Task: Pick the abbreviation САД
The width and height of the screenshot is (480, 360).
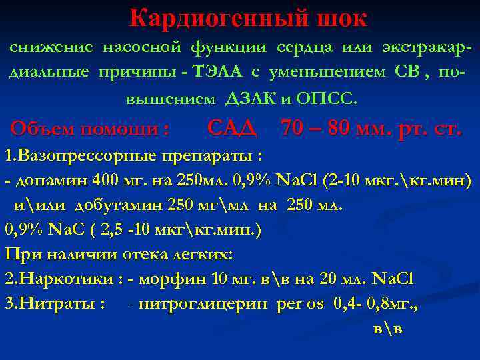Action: (232, 127)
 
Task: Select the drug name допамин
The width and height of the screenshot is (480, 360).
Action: (43, 181)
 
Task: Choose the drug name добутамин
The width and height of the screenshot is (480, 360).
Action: (118, 205)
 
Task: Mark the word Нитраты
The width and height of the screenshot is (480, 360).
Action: (59, 303)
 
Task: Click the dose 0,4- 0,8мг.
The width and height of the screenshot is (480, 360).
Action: (377, 303)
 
